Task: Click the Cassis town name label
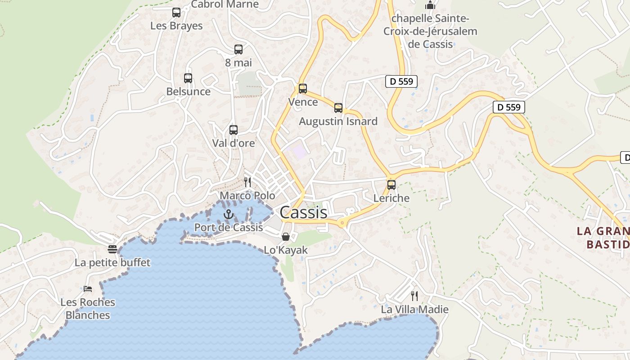[x=303, y=212]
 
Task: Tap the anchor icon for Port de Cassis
[x=229, y=214]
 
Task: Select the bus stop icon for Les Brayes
[x=176, y=13]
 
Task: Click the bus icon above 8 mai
[x=238, y=49]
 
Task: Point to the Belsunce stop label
[x=188, y=91]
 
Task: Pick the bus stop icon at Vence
[x=303, y=89]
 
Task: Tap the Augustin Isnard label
[x=338, y=121]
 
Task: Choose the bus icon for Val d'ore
[x=233, y=130]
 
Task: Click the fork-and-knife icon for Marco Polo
[x=247, y=182]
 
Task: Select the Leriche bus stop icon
[x=391, y=185]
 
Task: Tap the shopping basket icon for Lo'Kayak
[x=285, y=237]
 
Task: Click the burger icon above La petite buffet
[x=112, y=249]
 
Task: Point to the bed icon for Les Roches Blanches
[x=88, y=288]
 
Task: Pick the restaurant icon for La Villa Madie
[x=414, y=296]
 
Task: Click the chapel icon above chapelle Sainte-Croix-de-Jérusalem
[x=430, y=5]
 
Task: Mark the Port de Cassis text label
[x=229, y=227]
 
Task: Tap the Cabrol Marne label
[x=225, y=4]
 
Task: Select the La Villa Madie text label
[x=414, y=310]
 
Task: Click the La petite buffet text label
[x=112, y=262]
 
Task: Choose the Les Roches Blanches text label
[x=88, y=309]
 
